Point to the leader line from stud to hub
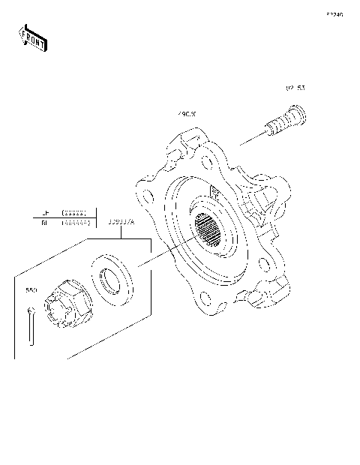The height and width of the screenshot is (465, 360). tap(252, 139)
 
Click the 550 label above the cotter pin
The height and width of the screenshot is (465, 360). tap(31, 289)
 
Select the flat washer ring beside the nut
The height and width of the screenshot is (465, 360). tap(114, 279)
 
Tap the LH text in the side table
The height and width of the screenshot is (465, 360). tap(44, 213)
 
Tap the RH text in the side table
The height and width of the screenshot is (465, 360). tap(44, 223)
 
